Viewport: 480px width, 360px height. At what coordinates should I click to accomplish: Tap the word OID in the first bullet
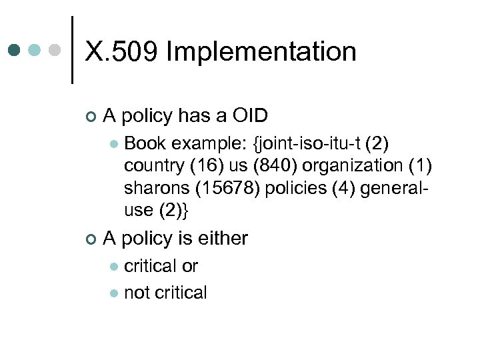pos(249,116)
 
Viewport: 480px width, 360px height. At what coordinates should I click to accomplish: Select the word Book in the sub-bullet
pos(145,143)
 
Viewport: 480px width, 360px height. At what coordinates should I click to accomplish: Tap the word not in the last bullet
pos(137,293)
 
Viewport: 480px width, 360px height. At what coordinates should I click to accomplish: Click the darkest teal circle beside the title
pos(15,50)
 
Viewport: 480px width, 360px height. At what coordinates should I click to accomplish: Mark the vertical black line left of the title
pos(72,50)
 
